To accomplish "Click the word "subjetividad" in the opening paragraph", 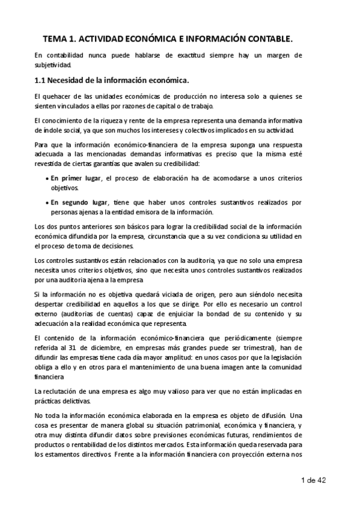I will pyautogui.click(x=53, y=65).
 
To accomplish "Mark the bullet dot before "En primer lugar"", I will pyautogui.click(x=47, y=179).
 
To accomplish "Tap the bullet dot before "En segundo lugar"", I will pyautogui.click(x=47, y=203).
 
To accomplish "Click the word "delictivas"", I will pyautogui.click(x=76, y=401).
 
